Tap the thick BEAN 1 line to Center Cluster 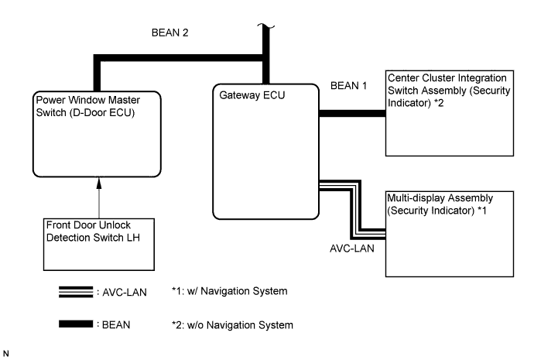[x=352, y=114]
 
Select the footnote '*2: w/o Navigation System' [x=233, y=324]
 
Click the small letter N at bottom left [x=6, y=352]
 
